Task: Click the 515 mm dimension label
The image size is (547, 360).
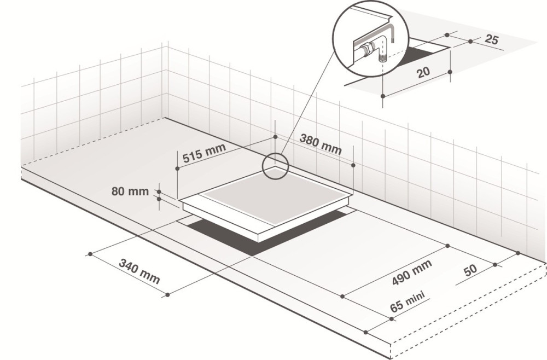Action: [205, 153]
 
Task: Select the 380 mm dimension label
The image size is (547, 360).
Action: [321, 144]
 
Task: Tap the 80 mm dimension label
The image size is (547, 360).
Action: [130, 191]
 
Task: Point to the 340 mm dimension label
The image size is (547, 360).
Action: [139, 271]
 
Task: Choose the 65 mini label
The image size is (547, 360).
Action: [408, 301]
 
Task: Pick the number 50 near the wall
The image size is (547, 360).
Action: [470, 270]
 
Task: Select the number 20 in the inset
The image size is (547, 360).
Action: [423, 73]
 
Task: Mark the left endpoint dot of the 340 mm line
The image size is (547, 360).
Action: [90, 254]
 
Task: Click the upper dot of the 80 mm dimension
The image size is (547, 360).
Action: [159, 191]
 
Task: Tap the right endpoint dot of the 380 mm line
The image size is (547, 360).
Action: [353, 165]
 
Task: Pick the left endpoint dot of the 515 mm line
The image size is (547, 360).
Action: [177, 169]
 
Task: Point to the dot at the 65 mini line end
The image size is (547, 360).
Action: [392, 319]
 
